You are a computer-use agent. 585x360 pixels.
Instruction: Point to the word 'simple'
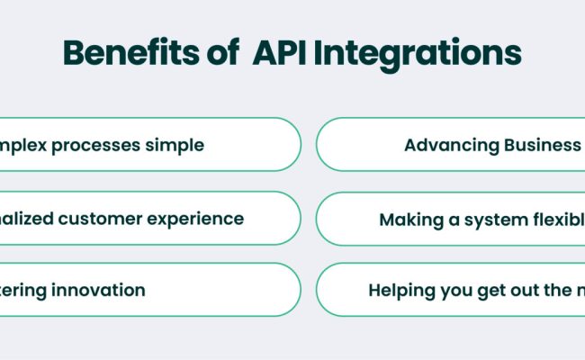pos(178,145)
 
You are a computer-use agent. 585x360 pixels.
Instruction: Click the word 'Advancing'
pos(448,145)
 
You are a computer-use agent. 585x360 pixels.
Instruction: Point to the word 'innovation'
pos(98,290)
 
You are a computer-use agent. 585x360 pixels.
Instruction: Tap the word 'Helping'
pos(400,291)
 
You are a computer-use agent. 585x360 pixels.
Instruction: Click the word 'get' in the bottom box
pos(487,291)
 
